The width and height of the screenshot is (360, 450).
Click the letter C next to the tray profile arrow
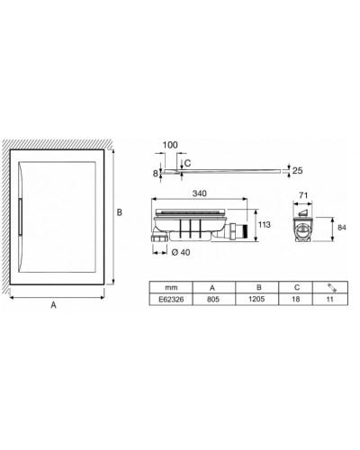[186, 163]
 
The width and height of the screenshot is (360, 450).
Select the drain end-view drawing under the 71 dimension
[304, 222]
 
